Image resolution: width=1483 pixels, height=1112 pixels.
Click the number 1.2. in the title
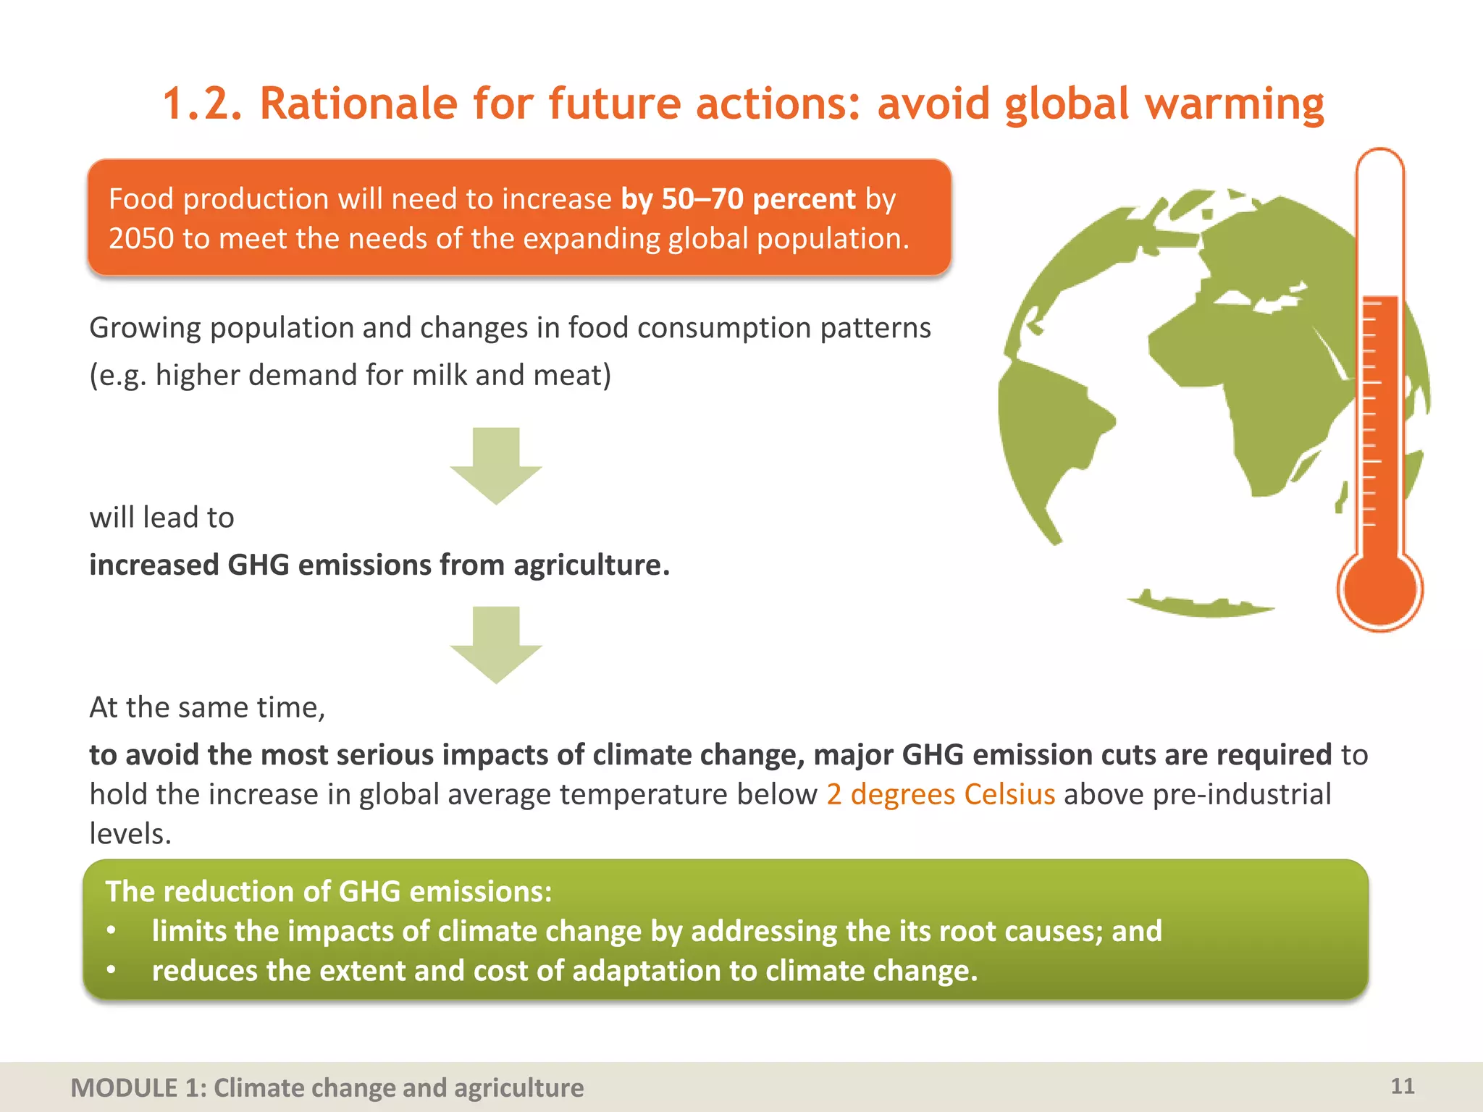coord(202,104)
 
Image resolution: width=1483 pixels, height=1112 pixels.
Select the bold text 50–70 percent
coord(758,199)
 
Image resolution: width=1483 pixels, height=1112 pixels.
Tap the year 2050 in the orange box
coord(141,239)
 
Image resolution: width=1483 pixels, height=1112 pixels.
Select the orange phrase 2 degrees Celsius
coord(941,794)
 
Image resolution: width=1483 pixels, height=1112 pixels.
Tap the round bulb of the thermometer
coord(1379,588)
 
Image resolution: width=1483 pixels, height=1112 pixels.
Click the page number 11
coord(1402,1086)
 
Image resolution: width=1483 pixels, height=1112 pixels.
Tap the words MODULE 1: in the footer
coord(124,1088)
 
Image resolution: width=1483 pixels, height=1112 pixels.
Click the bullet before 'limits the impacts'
coord(111,931)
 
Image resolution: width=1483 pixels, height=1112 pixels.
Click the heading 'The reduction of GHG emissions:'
coord(329,891)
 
